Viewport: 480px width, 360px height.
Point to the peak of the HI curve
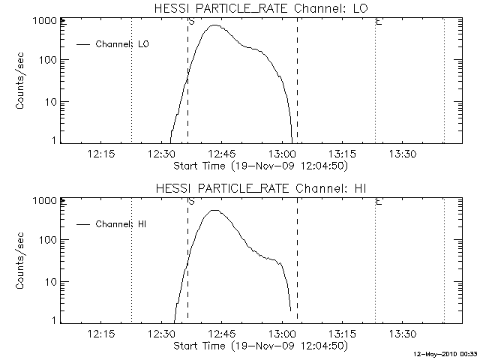[215, 210]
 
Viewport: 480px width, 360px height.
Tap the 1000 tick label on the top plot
[45, 21]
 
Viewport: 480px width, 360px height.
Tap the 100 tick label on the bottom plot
[48, 240]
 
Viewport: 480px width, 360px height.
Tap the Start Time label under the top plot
[259, 165]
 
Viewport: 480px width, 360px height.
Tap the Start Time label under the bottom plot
[259, 346]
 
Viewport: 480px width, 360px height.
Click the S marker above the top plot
[192, 22]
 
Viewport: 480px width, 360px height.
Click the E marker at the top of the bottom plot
[379, 202]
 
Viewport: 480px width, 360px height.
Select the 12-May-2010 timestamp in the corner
[446, 353]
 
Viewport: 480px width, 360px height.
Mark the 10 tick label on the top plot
[50, 102]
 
